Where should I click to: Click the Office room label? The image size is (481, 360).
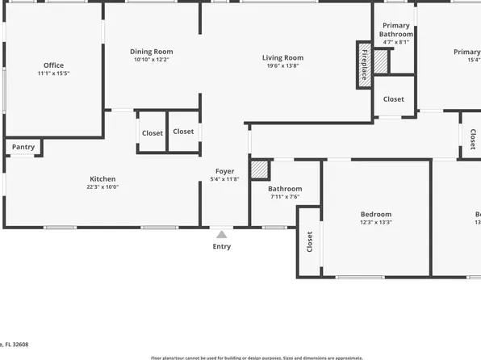coord(53,65)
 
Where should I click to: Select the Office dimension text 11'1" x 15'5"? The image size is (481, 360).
coord(53,73)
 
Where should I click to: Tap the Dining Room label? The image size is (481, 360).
coord(152,52)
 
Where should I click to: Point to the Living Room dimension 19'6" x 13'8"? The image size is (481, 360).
coord(282,66)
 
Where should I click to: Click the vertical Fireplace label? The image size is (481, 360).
coord(364,65)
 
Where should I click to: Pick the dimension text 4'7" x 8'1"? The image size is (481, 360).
coord(395,42)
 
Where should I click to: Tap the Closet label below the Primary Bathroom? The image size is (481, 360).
coord(394,99)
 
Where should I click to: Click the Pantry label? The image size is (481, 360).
coord(23,147)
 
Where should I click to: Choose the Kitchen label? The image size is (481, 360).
coord(102,179)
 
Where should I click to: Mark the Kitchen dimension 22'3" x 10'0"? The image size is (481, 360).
coord(102,187)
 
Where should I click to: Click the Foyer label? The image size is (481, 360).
coord(224,171)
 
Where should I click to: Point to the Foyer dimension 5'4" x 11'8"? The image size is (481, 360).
coord(224,179)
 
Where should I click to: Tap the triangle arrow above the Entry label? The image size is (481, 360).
coord(221,234)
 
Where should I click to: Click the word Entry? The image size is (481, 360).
coord(221,246)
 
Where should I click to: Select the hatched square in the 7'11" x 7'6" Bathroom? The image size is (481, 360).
coord(259,170)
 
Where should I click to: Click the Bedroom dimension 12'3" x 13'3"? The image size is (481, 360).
coord(376,223)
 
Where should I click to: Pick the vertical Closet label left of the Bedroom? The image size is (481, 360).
coord(309,242)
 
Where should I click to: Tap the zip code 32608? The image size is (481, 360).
coord(18,343)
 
